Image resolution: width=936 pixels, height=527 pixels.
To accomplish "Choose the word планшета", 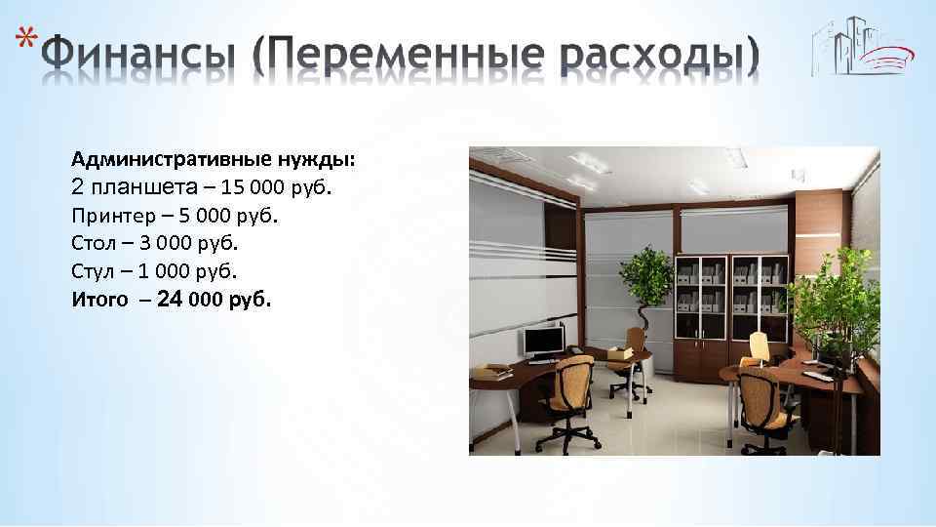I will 146,187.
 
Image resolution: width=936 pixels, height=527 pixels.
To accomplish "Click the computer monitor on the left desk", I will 543,340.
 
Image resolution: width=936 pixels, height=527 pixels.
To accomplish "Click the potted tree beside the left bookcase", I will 644,283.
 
